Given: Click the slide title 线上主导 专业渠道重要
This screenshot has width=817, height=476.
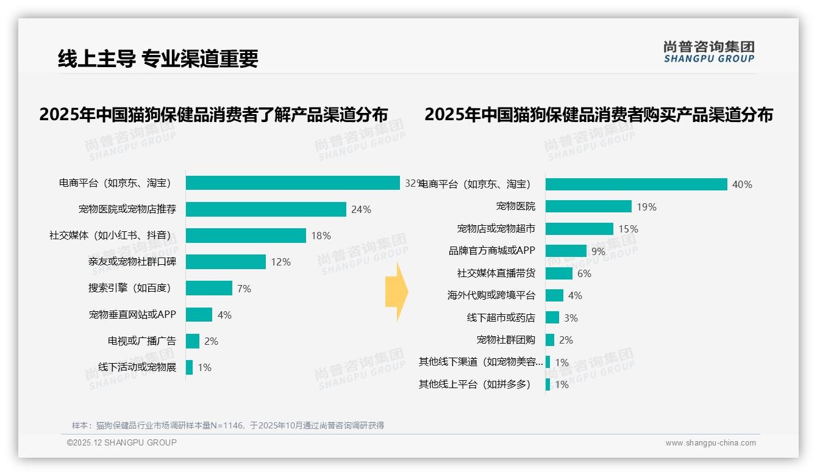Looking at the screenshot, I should pyautogui.click(x=158, y=59).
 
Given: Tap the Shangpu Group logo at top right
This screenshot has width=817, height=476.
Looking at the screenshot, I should pyautogui.click(x=708, y=52).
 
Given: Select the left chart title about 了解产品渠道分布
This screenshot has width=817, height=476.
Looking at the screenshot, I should pyautogui.click(x=213, y=115).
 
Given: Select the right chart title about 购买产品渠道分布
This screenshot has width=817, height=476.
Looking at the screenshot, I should pyautogui.click(x=599, y=115).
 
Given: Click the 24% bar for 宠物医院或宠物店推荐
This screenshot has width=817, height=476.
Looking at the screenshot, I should pyautogui.click(x=266, y=209).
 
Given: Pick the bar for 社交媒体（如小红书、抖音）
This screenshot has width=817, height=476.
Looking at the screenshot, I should pyautogui.click(x=246, y=236).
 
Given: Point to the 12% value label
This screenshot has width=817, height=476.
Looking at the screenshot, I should pyautogui.click(x=281, y=262).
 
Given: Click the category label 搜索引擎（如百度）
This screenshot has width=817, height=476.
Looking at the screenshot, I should pyautogui.click(x=132, y=288).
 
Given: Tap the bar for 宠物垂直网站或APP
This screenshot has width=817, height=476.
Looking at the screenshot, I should pyautogui.click(x=199, y=315).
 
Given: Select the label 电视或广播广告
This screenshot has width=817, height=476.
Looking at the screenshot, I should pyautogui.click(x=141, y=341).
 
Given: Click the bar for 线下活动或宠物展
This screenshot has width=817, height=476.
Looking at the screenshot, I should pyautogui.click(x=189, y=367).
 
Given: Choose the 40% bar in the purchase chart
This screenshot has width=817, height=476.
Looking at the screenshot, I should pyautogui.click(x=636, y=184).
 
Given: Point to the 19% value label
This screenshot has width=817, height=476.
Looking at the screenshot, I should pyautogui.click(x=646, y=207).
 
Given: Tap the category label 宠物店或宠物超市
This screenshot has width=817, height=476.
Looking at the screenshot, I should pyautogui.click(x=496, y=229).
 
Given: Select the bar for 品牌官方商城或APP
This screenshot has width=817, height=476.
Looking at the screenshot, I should pyautogui.click(x=566, y=251).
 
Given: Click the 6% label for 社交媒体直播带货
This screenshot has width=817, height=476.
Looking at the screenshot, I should pyautogui.click(x=584, y=273).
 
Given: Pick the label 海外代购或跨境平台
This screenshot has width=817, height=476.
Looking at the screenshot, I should pyautogui.click(x=491, y=295).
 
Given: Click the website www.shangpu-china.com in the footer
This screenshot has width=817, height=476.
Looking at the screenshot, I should pyautogui.click(x=710, y=443).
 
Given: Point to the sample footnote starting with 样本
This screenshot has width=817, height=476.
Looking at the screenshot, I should pyautogui.click(x=228, y=425).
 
